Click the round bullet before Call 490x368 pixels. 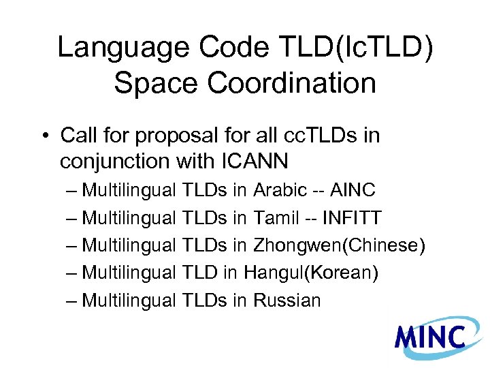pos(45,136)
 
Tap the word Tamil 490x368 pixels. pos(276,218)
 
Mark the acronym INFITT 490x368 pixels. pos(352,218)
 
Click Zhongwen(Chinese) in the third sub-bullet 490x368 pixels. pos(339,245)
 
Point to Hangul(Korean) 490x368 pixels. pos(311,273)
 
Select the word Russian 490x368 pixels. pos(287,300)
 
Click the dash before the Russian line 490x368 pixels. pos(73,300)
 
